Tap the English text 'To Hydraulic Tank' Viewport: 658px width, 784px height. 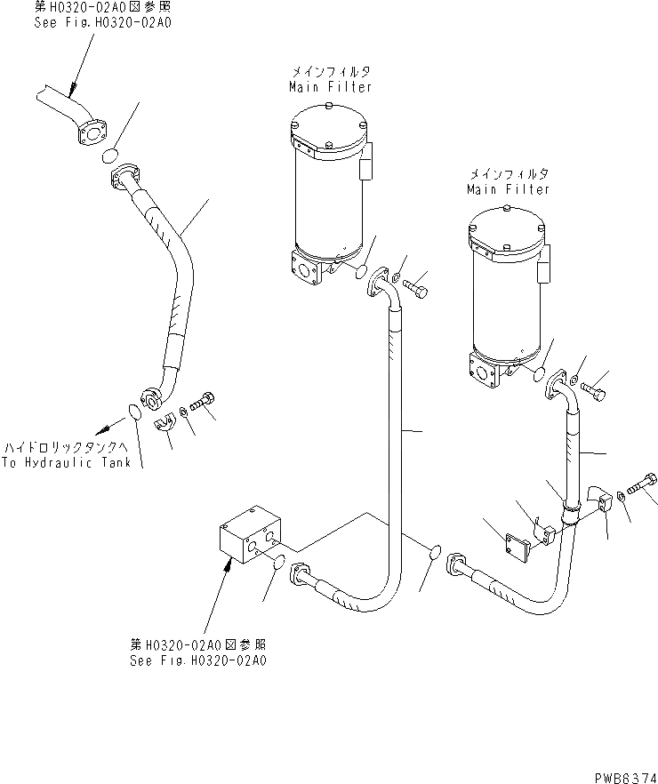66,462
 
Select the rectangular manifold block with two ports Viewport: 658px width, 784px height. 250,537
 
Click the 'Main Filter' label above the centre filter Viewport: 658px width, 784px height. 330,87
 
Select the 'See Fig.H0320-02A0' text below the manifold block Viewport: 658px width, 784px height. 198,660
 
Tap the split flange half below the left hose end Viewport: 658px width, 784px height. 164,424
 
